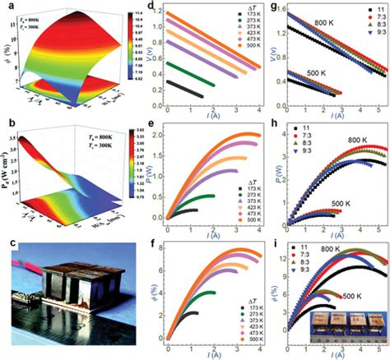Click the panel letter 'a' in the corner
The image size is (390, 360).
pyautogui.click(x=7, y=7)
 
